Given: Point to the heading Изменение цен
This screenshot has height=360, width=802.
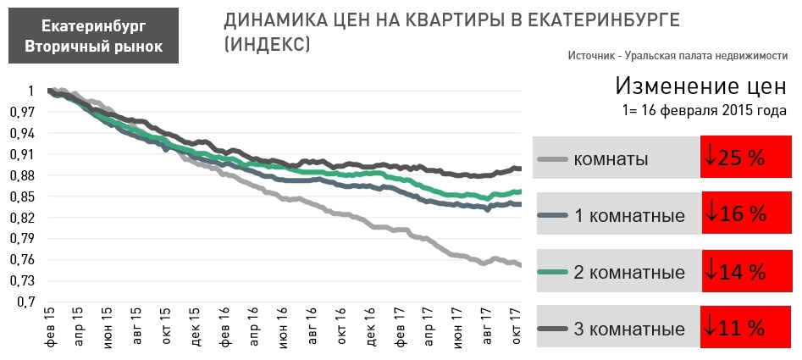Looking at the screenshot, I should click(x=701, y=86).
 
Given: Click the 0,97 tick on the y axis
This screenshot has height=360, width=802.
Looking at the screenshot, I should click(x=23, y=112).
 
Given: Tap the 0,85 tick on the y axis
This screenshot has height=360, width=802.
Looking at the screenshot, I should click(x=23, y=197).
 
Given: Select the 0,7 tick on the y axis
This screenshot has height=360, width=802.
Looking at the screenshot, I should click(x=25, y=302).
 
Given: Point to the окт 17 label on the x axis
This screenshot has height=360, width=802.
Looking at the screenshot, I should click(x=514, y=328).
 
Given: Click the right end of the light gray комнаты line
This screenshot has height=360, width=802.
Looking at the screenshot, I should click(x=519, y=265).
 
